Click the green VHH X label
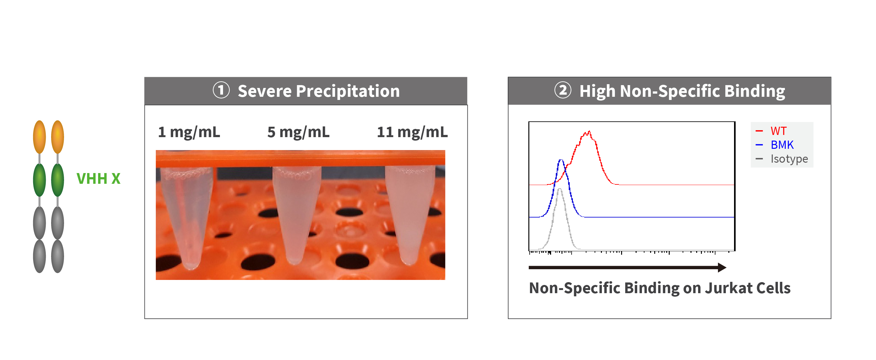[x=98, y=178]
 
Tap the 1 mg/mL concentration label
[x=189, y=132]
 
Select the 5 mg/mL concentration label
[x=298, y=132]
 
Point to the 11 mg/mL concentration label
[x=412, y=132]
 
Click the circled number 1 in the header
[x=221, y=90]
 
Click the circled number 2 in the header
[x=563, y=90]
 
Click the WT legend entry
[x=779, y=131]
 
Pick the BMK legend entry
[x=782, y=145]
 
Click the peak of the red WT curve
[x=589, y=131]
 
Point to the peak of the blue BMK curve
[x=561, y=160]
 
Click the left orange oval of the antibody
[x=39, y=137]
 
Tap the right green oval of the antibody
[x=57, y=180]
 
